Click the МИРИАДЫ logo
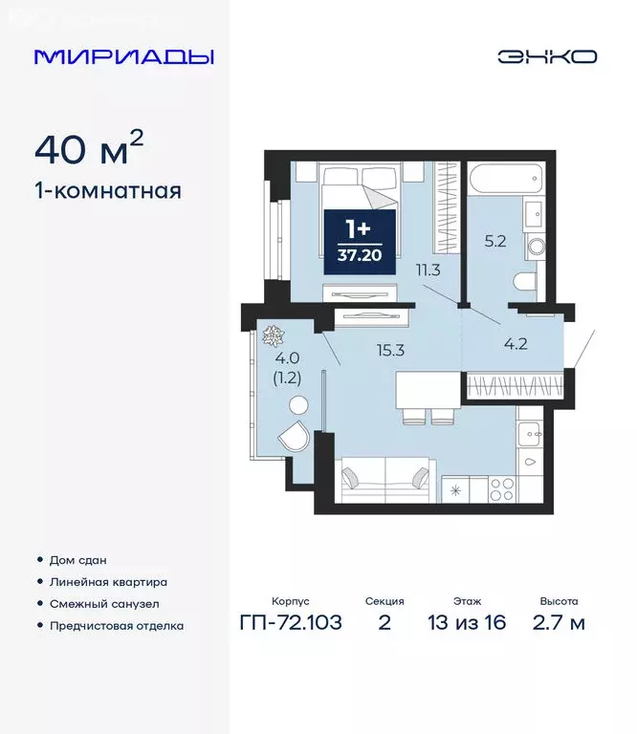point(123,56)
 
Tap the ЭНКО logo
point(546,56)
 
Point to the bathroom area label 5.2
point(494,242)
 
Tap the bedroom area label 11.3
point(428,270)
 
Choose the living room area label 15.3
point(388,350)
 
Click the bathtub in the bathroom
point(504,178)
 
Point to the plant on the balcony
point(273,335)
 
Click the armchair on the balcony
point(293,438)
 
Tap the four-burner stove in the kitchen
point(503,489)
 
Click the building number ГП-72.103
point(291,624)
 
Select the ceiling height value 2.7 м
point(558,624)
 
